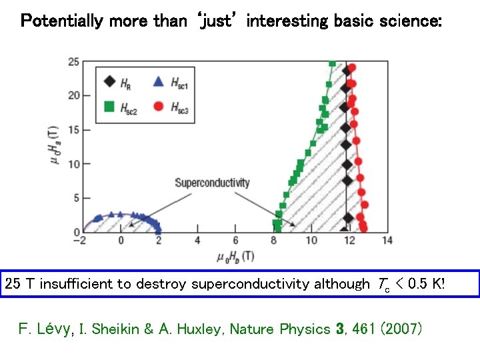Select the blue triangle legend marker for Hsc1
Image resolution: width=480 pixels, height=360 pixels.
(159, 83)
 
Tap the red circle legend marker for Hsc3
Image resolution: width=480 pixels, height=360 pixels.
(159, 107)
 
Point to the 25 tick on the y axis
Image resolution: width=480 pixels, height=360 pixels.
(73, 62)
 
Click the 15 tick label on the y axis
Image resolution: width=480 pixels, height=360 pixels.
(73, 130)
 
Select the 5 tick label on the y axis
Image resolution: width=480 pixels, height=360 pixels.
(76, 198)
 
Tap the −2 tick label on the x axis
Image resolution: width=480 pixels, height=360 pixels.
(80, 241)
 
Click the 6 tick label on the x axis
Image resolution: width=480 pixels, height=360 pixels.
(235, 241)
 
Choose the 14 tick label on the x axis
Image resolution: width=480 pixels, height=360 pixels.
(387, 241)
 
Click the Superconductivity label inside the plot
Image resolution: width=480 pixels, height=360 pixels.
(212, 183)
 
